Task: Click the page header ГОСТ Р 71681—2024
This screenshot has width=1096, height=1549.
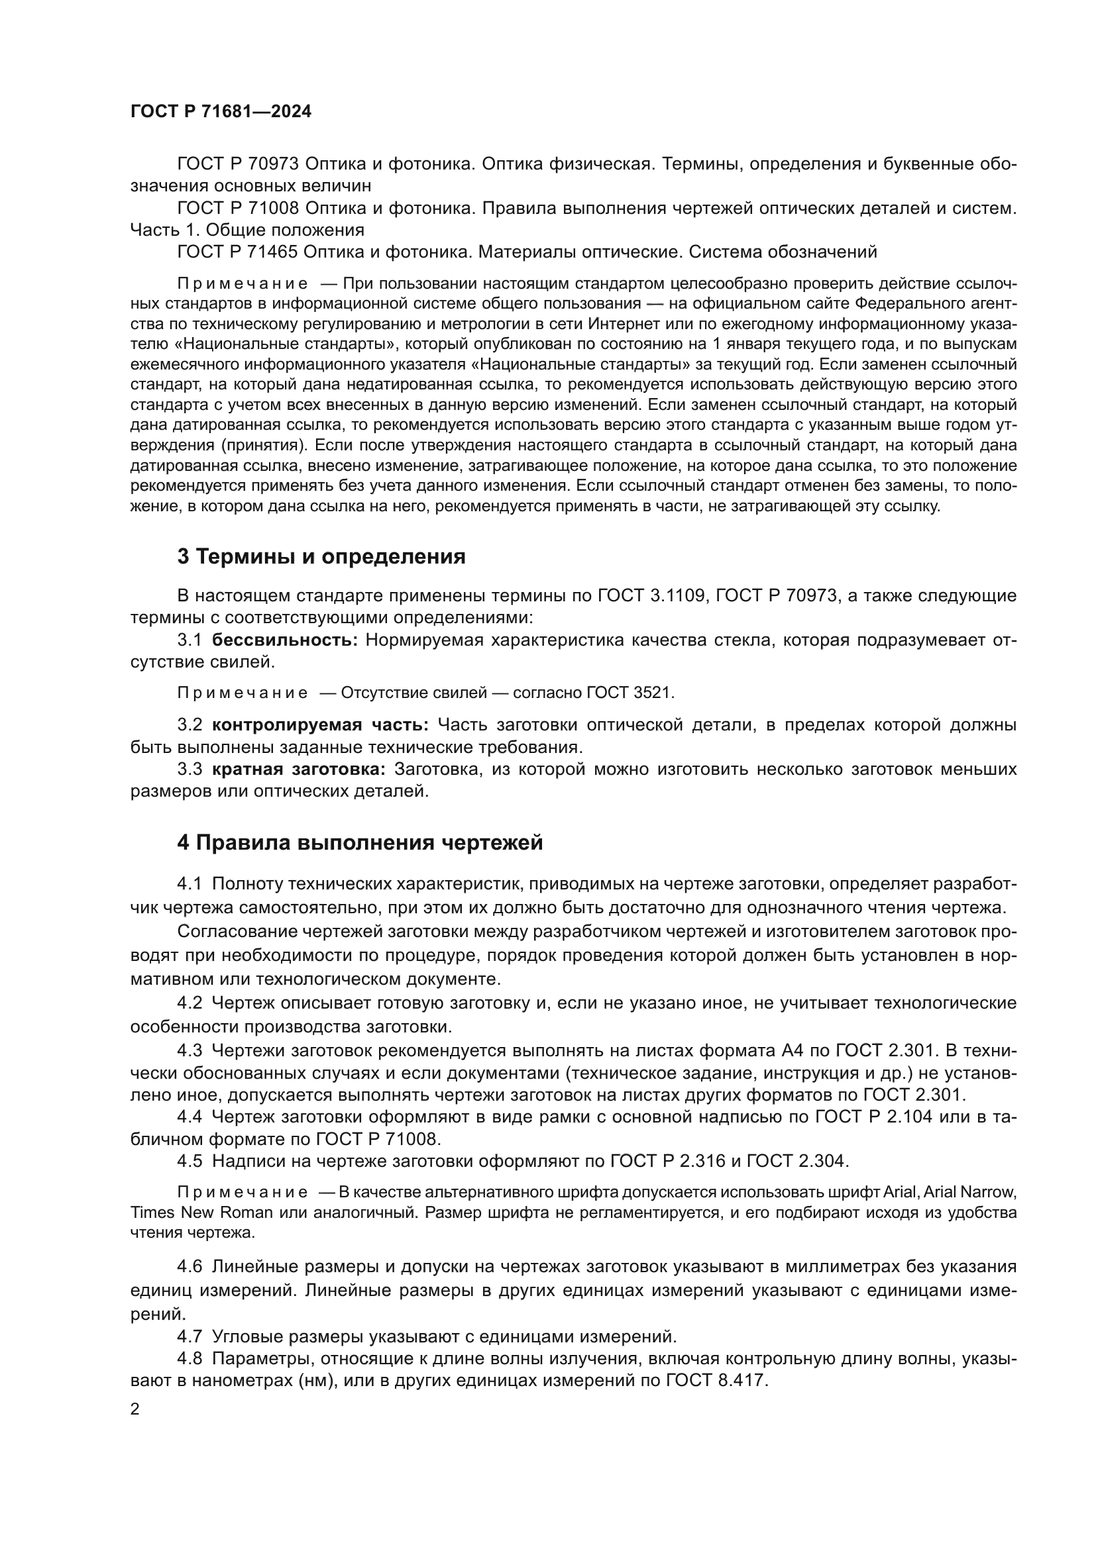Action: click(x=221, y=112)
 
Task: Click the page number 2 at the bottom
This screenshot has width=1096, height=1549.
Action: click(x=135, y=1409)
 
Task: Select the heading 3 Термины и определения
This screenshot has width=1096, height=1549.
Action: click(x=321, y=556)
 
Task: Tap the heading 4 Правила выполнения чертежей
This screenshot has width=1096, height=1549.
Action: click(x=360, y=842)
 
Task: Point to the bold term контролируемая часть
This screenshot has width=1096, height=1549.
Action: click(x=320, y=725)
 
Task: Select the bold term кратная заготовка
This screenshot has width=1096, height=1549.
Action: click(x=298, y=769)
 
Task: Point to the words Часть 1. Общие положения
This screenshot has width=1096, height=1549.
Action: click(x=247, y=230)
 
